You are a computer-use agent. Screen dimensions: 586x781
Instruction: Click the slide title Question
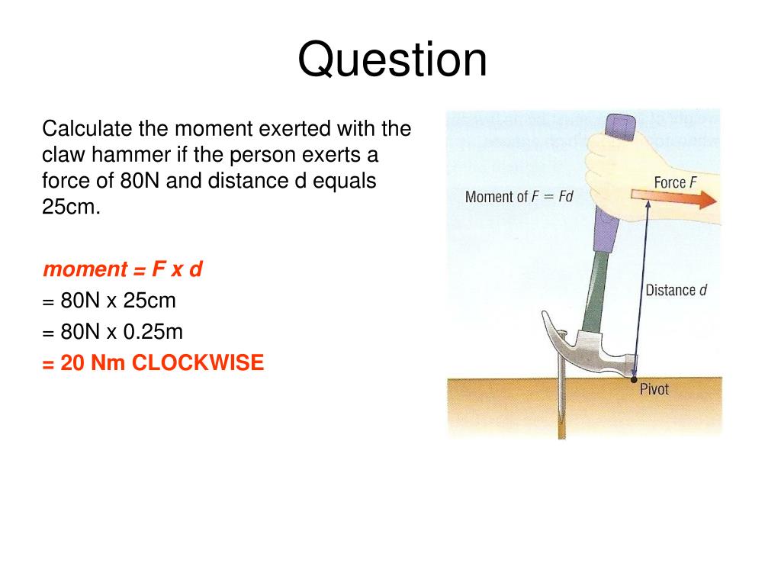pyautogui.click(x=392, y=61)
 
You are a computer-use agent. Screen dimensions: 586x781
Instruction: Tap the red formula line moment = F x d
pyautogui.click(x=122, y=269)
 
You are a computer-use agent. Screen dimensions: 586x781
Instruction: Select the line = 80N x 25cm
pyautogui.click(x=109, y=301)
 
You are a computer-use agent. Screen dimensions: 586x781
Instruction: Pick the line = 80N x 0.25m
pyautogui.click(x=113, y=333)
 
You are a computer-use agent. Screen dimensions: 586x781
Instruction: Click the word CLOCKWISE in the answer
pyautogui.click(x=198, y=363)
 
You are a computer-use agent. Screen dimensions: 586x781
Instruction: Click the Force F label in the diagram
pyautogui.click(x=676, y=182)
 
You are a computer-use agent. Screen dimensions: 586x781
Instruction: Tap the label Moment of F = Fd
pyautogui.click(x=519, y=197)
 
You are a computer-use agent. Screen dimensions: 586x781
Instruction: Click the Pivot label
pyautogui.click(x=654, y=389)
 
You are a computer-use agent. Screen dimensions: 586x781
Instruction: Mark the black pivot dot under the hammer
pyautogui.click(x=633, y=379)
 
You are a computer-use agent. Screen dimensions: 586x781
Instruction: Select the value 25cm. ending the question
pyautogui.click(x=70, y=208)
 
